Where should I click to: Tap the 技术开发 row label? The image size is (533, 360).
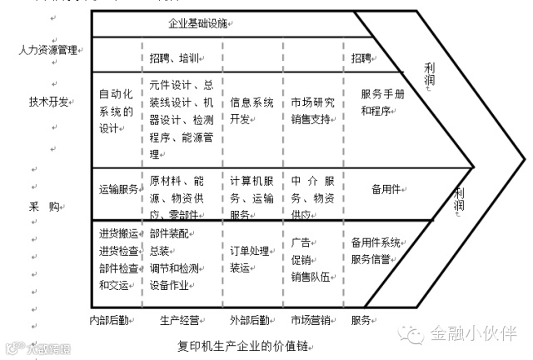tap(48, 102)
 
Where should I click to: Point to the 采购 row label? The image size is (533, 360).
tap(46, 205)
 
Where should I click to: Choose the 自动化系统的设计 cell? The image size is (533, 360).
tap(116, 110)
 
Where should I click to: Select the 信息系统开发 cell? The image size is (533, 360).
tap(252, 110)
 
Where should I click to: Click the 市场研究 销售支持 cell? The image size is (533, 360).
tap(313, 110)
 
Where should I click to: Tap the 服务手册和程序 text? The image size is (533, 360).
tap(383, 102)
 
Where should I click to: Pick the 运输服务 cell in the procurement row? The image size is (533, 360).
tap(118, 188)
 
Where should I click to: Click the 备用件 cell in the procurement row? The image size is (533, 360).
tap(387, 188)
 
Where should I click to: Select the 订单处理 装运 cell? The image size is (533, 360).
tap(252, 259)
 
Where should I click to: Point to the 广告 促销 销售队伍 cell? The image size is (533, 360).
tap(313, 259)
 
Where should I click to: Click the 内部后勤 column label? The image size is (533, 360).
tap(111, 319)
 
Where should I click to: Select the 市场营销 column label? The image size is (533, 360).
tap(312, 319)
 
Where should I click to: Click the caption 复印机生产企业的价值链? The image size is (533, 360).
tap(247, 343)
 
